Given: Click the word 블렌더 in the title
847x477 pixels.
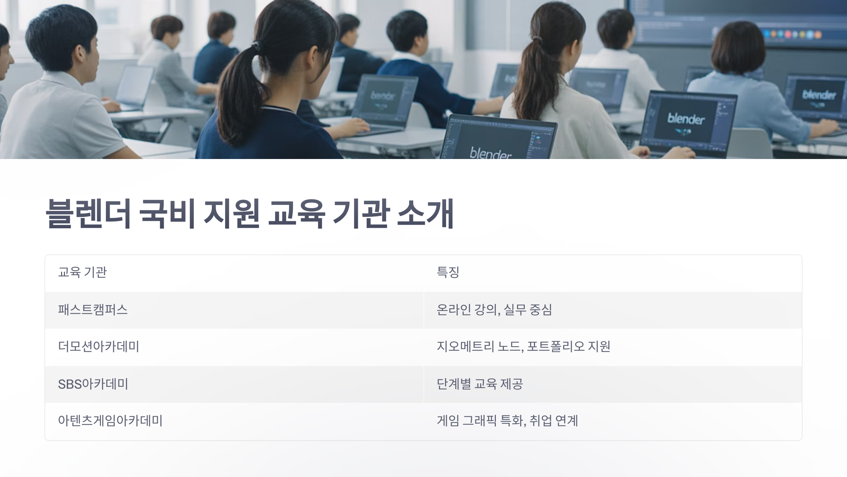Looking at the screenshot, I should click(88, 214).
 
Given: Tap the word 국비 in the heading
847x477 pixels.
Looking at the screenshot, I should click(167, 214).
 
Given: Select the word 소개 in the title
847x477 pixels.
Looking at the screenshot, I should click(425, 214).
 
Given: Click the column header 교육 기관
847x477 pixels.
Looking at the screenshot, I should click(82, 272).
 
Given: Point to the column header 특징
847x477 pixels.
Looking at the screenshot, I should click(448, 272).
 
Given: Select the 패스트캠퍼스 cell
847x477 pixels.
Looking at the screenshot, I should click(93, 310).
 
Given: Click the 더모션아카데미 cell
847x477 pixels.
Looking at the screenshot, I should click(98, 347).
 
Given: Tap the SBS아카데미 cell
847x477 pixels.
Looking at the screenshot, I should click(93, 384).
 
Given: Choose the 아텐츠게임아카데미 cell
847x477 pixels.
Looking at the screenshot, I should click(110, 421).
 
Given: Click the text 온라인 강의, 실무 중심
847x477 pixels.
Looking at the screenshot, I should click(494, 310).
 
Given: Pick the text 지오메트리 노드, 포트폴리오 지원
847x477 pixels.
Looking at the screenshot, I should click(523, 347).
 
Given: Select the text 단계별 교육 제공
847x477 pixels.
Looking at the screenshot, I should click(480, 384).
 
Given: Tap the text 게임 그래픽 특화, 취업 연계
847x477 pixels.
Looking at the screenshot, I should click(507, 421).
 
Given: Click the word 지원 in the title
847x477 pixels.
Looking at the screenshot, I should click(232, 214).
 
